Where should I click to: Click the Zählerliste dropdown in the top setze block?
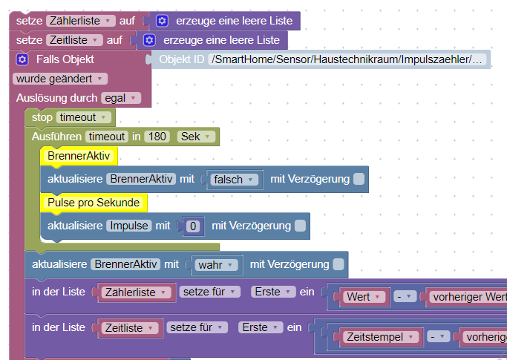80,21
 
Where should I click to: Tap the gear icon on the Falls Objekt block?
22,59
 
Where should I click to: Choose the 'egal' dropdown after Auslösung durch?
121,98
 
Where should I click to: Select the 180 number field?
157,137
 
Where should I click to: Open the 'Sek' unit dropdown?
197,137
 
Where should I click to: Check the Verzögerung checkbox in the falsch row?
359,179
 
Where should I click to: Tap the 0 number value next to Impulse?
193,226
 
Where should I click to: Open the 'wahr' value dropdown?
217,264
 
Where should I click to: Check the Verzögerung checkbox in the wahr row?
338,264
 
